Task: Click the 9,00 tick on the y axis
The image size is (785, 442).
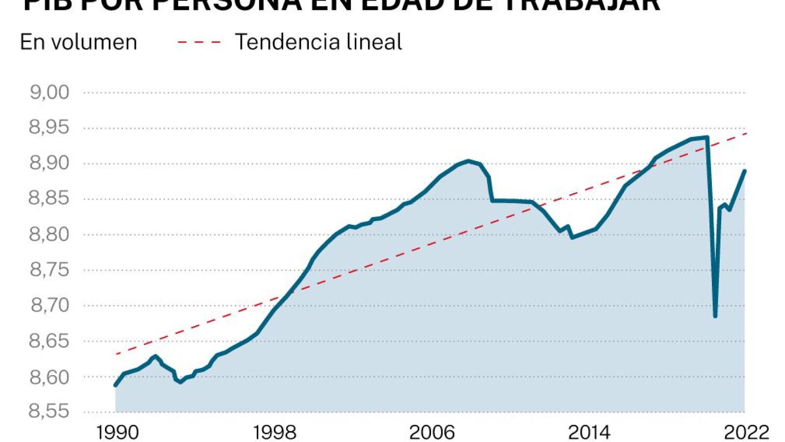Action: pyautogui.click(x=50, y=92)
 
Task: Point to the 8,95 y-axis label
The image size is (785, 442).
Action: pyautogui.click(x=50, y=128)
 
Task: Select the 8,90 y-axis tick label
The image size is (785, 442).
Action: pyautogui.click(x=50, y=163)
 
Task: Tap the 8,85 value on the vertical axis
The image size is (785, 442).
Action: pyautogui.click(x=50, y=198)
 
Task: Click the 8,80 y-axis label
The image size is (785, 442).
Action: pyautogui.click(x=50, y=234)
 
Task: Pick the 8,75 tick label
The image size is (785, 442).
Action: pyautogui.click(x=50, y=270)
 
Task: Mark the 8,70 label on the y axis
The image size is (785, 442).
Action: pyautogui.click(x=50, y=305)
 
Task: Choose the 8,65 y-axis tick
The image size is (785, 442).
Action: pyautogui.click(x=50, y=341)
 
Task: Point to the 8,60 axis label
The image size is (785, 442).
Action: pyautogui.click(x=50, y=377)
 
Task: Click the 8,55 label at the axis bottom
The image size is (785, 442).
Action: pyautogui.click(x=50, y=412)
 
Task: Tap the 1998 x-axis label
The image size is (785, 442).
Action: pyautogui.click(x=274, y=433)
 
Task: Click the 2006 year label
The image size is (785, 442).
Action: pyautogui.click(x=432, y=433)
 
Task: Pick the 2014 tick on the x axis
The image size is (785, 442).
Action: pyautogui.click(x=589, y=433)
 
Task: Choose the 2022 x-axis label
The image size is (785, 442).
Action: pyautogui.click(x=746, y=433)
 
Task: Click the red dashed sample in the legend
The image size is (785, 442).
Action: pyautogui.click(x=199, y=42)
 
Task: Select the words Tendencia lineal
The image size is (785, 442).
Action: pyautogui.click(x=319, y=42)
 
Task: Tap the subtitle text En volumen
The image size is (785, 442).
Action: pyautogui.click(x=79, y=42)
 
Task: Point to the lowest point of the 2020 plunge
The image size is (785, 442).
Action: pyautogui.click(x=715, y=316)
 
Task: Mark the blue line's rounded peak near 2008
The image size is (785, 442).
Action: pyautogui.click(x=468, y=161)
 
